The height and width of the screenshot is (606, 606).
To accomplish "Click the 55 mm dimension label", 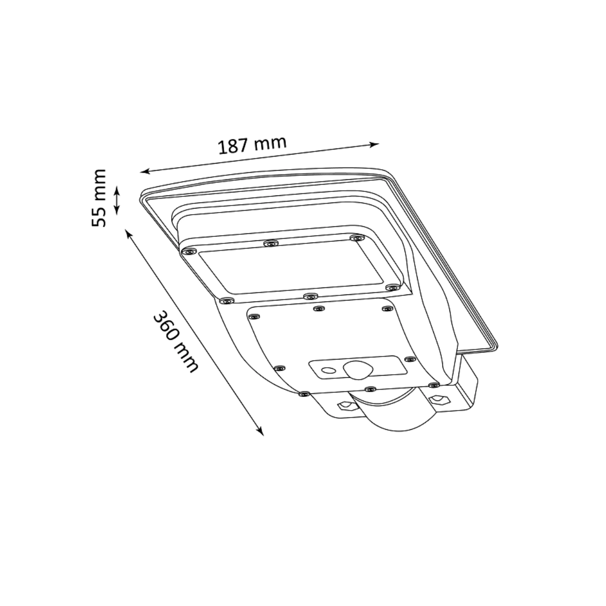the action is tap(99, 198).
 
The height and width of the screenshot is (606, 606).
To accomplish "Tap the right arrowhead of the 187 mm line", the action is tap(374, 144).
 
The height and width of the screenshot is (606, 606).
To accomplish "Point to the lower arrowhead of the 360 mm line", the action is tap(260, 431).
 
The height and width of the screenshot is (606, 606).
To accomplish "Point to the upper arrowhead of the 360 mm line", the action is tap(129, 234).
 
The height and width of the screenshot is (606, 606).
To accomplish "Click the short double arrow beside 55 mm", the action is tap(117, 200).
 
